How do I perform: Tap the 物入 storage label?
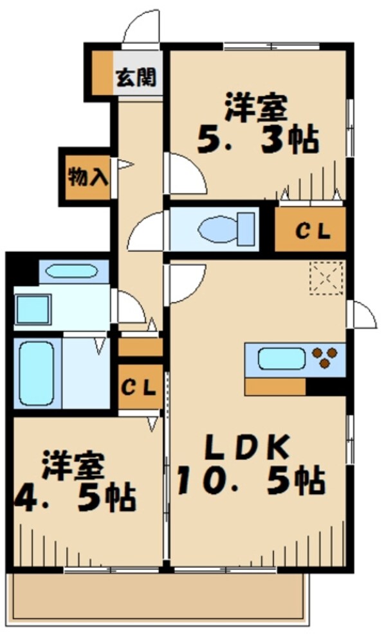pyautogui.click(x=88, y=177)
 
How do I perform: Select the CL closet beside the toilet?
pyautogui.click(x=312, y=229)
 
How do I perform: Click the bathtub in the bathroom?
pyautogui.click(x=36, y=372)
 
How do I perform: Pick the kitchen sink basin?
pyautogui.click(x=282, y=358)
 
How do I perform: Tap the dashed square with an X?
pyautogui.click(x=327, y=277)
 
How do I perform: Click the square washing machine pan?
pyautogui.click(x=33, y=309)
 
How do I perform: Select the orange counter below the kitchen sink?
pyautogui.click(x=275, y=387)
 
